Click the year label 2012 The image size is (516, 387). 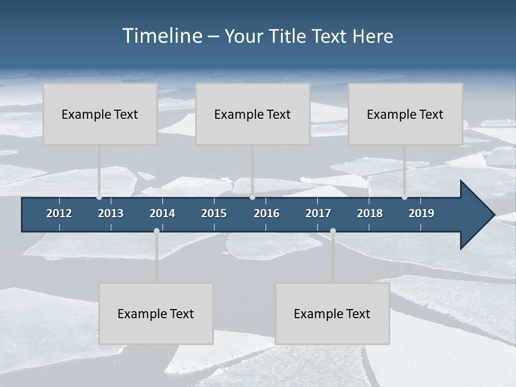click(x=59, y=213)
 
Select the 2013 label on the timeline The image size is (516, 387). click(x=111, y=213)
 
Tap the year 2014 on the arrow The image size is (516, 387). click(x=162, y=213)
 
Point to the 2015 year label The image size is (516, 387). click(x=214, y=213)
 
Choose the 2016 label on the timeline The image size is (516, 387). click(x=267, y=213)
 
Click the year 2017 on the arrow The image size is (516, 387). click(x=318, y=213)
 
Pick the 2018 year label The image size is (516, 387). click(x=370, y=213)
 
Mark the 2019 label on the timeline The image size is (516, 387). click(x=421, y=213)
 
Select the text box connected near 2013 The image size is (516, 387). click(x=100, y=114)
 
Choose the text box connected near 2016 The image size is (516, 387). click(x=253, y=114)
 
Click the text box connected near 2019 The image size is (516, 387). click(x=405, y=114)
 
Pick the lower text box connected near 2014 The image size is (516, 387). click(x=156, y=313)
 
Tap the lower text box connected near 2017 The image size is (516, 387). click(x=332, y=313)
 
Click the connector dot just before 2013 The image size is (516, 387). click(x=99, y=197)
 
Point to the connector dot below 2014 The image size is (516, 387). click(x=156, y=231)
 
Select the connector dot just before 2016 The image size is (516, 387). click(x=252, y=197)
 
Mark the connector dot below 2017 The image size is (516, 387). click(x=333, y=231)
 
